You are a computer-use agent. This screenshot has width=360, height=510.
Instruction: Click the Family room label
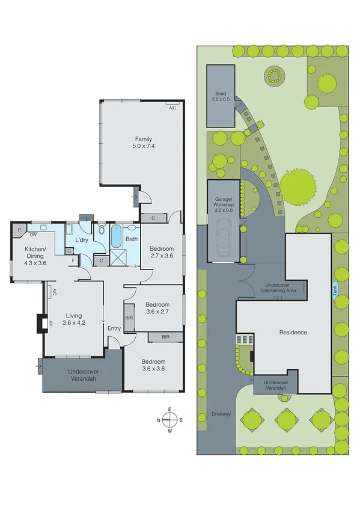(143, 143)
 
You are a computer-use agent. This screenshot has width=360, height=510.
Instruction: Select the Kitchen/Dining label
(35, 255)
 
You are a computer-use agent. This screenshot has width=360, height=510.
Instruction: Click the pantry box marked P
(19, 229)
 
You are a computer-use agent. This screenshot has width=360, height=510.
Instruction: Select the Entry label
(114, 328)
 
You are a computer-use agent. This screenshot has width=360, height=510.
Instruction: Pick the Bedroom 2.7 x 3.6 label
(162, 253)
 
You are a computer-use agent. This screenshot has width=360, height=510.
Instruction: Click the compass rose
(170, 420)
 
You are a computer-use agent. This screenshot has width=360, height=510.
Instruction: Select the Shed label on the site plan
(221, 96)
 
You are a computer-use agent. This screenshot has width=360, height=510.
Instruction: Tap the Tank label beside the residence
(334, 289)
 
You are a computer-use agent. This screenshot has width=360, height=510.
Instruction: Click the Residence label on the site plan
(293, 333)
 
